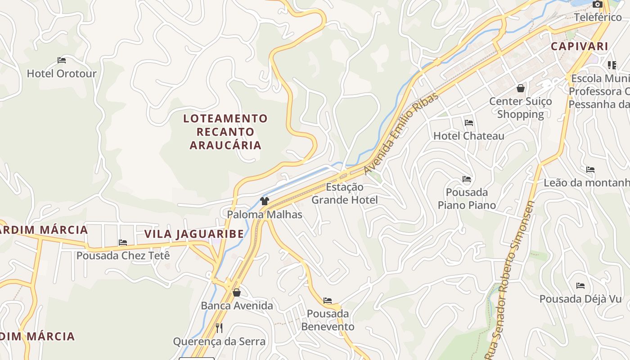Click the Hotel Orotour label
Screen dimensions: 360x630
point(62,73)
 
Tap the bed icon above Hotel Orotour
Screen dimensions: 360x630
point(62,60)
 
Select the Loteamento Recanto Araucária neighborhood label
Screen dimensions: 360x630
point(225,132)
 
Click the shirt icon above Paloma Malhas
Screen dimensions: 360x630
point(265,201)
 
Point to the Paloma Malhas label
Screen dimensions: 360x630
point(265,215)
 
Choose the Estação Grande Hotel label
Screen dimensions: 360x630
point(345,193)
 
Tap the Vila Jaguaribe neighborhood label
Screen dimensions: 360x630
point(194,234)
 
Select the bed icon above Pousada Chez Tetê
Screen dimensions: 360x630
point(123,243)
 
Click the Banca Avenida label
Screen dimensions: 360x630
point(237,306)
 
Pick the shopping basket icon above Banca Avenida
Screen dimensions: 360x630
point(237,293)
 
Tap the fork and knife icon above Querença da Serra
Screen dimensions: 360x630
point(219,328)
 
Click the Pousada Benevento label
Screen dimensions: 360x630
point(328,320)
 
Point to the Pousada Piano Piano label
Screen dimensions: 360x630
point(467,199)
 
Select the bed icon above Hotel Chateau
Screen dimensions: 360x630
point(469,122)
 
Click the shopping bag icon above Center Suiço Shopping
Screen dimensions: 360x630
point(521,88)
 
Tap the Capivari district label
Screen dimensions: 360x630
point(580,46)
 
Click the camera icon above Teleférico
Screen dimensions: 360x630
point(598,4)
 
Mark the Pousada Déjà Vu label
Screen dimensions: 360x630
point(580,299)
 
